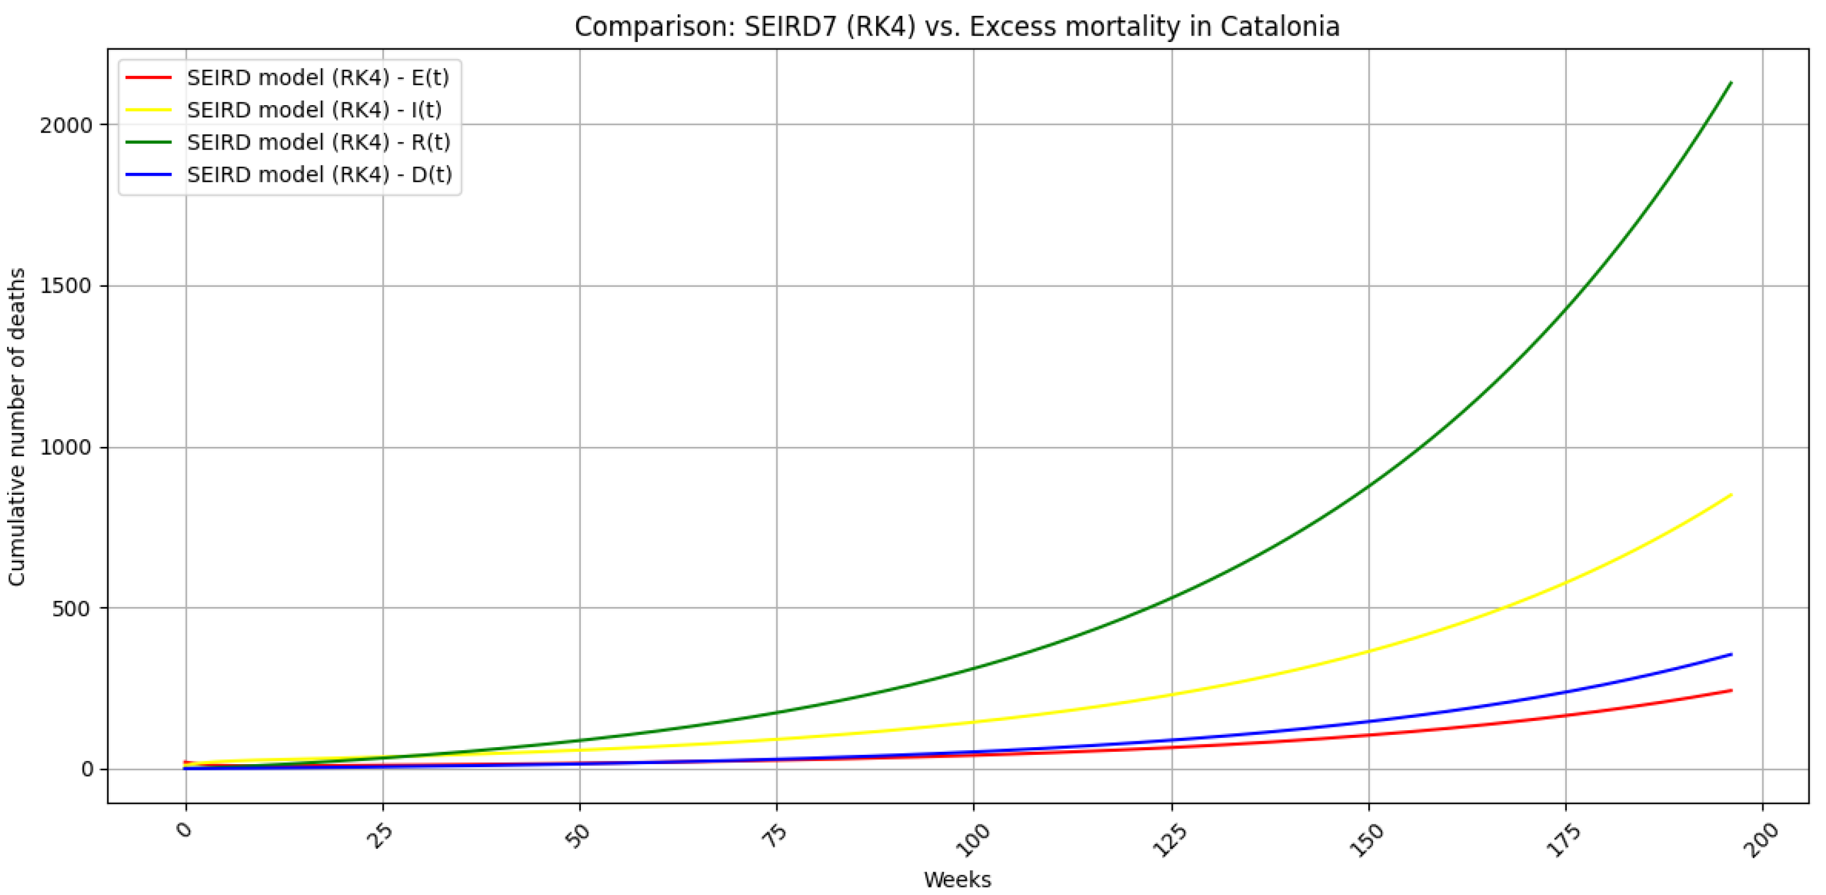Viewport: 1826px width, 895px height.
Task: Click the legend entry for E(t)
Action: click(x=318, y=77)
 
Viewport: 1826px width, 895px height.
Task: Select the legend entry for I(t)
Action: click(x=314, y=110)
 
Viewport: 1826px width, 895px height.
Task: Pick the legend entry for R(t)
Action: click(x=318, y=142)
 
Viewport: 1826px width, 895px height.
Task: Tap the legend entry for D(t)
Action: click(x=319, y=175)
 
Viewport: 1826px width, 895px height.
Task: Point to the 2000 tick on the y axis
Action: click(x=67, y=126)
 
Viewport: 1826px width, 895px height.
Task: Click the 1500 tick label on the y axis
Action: click(x=67, y=286)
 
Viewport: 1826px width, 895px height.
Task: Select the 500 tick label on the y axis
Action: click(x=72, y=609)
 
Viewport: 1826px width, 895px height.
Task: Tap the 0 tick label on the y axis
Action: click(x=87, y=770)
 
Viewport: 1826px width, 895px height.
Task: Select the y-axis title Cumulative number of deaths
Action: click(x=17, y=426)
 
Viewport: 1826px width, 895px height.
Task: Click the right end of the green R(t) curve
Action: click(x=1731, y=83)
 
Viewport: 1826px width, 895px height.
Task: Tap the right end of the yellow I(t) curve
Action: click(x=1731, y=495)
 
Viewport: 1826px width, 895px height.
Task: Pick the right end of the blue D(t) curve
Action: click(x=1731, y=654)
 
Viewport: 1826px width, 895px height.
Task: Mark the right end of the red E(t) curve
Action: click(x=1731, y=691)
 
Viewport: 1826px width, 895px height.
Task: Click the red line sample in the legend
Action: click(x=148, y=77)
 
